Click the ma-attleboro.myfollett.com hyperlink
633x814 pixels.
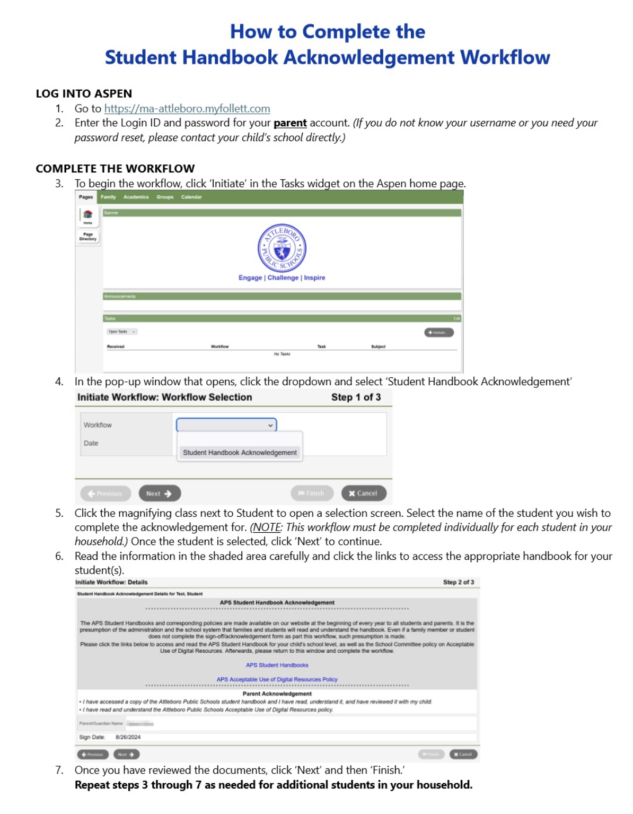187,109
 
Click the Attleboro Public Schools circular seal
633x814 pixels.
282,248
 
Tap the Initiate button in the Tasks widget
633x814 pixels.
438,333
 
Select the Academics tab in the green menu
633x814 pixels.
136,197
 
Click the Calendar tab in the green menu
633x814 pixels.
191,197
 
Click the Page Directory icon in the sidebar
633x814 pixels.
88,236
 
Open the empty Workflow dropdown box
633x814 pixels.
226,425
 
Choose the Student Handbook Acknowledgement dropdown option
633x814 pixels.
240,453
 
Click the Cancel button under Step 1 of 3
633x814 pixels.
363,493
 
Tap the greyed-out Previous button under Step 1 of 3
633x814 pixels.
105,493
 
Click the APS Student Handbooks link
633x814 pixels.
277,665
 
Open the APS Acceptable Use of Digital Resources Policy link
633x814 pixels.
277,679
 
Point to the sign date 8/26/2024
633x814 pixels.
128,737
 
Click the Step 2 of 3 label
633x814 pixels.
458,582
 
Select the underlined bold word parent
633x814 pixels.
290,123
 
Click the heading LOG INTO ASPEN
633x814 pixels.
84,94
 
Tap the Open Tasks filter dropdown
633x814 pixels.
122,332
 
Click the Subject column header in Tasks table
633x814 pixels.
378,347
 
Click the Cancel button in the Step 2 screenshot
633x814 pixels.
463,754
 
